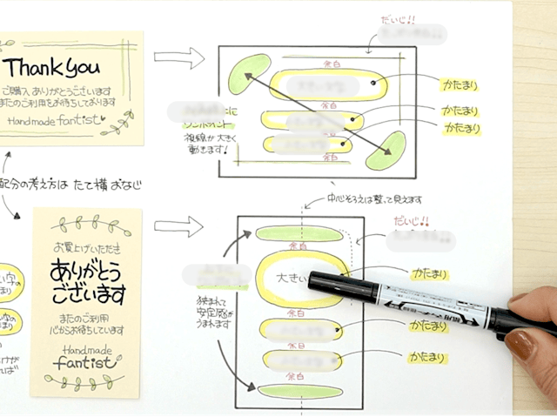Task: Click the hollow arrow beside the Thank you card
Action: (178, 58)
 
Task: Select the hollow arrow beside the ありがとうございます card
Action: (178, 229)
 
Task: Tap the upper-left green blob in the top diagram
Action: (249, 74)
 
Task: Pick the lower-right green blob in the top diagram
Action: (386, 151)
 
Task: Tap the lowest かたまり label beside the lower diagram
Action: (426, 357)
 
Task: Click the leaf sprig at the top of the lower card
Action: (87, 225)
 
